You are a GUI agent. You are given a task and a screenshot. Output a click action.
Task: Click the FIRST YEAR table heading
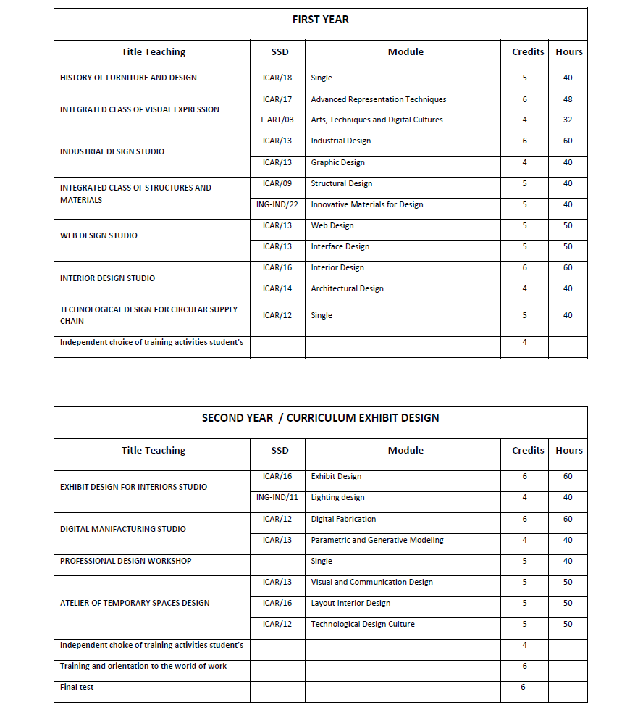click(x=320, y=20)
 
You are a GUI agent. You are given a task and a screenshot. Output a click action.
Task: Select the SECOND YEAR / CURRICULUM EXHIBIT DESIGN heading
click(x=320, y=418)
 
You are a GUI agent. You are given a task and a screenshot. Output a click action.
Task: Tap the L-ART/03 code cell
click(x=277, y=120)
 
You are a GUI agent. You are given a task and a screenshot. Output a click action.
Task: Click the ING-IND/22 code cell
click(x=277, y=205)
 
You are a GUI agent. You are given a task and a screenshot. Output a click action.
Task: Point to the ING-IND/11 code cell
click(x=277, y=498)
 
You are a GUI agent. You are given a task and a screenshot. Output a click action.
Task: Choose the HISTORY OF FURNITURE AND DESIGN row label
click(x=128, y=78)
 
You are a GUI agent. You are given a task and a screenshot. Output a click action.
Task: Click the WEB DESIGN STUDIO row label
click(x=98, y=235)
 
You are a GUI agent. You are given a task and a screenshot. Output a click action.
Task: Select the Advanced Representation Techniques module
click(x=378, y=100)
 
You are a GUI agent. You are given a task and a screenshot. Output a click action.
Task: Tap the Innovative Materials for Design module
click(x=366, y=205)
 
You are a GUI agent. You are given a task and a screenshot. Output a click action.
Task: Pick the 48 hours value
click(x=568, y=100)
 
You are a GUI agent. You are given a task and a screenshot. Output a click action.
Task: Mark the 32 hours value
click(x=568, y=120)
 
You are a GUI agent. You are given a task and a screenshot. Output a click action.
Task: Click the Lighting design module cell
click(x=337, y=498)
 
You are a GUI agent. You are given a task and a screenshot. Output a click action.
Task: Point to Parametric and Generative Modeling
click(x=377, y=540)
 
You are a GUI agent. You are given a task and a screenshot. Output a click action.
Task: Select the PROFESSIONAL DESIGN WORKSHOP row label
click(x=125, y=561)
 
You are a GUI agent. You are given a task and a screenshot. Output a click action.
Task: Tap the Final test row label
click(x=77, y=687)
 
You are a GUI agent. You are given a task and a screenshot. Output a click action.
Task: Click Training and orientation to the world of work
click(x=143, y=666)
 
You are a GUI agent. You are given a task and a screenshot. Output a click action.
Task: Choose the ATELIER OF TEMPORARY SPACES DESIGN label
click(x=135, y=603)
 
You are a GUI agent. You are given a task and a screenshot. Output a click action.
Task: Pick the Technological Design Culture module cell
click(x=363, y=624)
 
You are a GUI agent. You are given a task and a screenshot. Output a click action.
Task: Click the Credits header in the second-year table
click(x=528, y=451)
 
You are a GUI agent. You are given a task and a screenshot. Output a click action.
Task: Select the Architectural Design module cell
click(x=347, y=289)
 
